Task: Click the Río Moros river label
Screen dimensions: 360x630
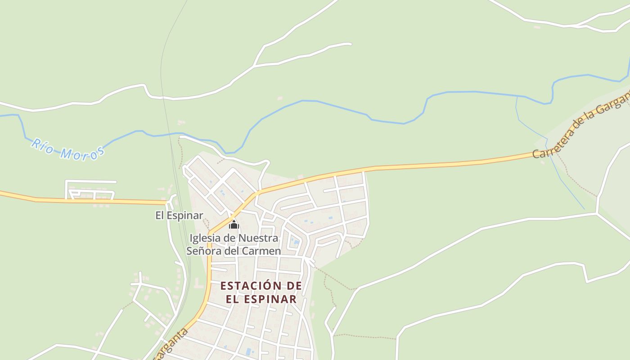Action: tap(67, 150)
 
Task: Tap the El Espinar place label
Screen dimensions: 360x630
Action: tap(179, 216)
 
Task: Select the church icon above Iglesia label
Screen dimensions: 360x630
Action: tap(234, 224)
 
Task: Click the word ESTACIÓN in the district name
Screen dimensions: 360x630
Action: tap(247, 286)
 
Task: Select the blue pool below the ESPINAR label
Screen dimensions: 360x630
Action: tap(249, 351)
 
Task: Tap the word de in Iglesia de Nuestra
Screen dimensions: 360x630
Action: tap(230, 238)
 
